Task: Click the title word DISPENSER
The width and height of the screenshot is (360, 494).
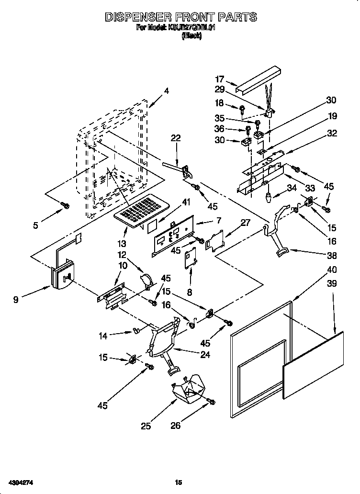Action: pyautogui.click(x=141, y=17)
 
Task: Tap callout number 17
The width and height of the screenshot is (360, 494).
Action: pyautogui.click(x=220, y=79)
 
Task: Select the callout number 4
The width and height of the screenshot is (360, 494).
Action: pyautogui.click(x=167, y=90)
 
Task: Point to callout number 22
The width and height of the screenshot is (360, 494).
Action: pyautogui.click(x=176, y=138)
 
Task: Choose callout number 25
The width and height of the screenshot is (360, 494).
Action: pyautogui.click(x=146, y=425)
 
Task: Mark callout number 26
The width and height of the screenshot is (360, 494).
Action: pyautogui.click(x=176, y=425)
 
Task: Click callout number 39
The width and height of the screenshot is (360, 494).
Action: pyautogui.click(x=331, y=283)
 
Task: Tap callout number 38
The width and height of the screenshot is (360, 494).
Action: pyautogui.click(x=331, y=255)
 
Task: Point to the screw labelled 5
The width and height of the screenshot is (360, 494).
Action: pyautogui.click(x=65, y=205)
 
